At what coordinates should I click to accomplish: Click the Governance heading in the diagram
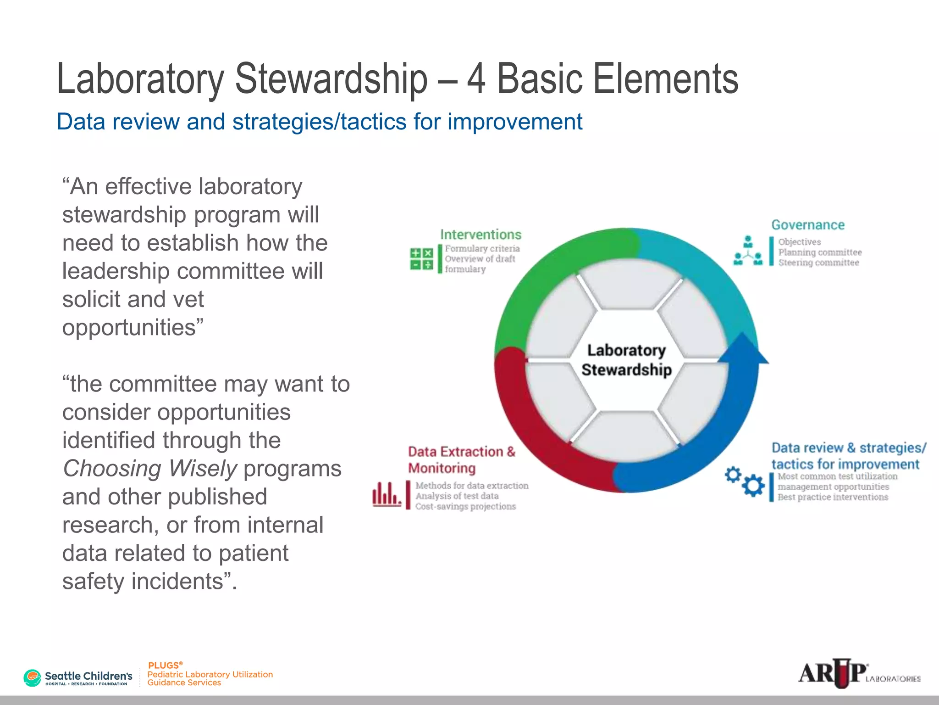click(x=807, y=225)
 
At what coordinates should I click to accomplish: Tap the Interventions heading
click(x=481, y=235)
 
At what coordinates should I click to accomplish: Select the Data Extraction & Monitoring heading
click(x=461, y=460)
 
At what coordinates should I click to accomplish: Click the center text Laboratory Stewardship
click(x=626, y=360)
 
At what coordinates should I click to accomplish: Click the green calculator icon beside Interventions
click(x=421, y=259)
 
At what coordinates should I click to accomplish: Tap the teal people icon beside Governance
click(x=748, y=251)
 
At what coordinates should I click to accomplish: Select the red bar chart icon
click(x=386, y=494)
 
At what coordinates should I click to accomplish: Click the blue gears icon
click(x=745, y=481)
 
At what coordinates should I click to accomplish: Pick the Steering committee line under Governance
click(x=818, y=263)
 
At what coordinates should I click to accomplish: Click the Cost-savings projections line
click(x=465, y=506)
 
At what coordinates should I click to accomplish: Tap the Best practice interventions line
click(x=833, y=497)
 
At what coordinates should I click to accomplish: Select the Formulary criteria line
click(x=482, y=248)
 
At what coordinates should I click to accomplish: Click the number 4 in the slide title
click(x=476, y=79)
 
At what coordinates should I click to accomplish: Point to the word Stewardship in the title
click(x=331, y=79)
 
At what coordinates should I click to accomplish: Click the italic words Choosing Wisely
click(x=150, y=469)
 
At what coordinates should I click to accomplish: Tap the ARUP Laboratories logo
click(x=859, y=673)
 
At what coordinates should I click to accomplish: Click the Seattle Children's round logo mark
click(x=32, y=677)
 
